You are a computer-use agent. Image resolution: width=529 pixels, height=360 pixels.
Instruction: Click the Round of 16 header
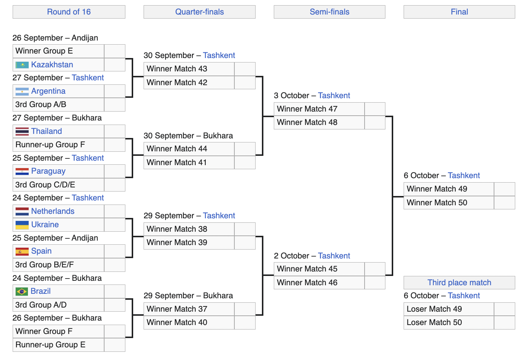click(69, 12)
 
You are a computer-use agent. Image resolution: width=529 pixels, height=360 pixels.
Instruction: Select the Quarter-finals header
click(199, 12)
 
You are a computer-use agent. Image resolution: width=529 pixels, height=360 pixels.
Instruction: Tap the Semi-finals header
click(330, 12)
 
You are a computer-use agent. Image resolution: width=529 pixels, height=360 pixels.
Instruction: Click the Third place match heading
click(459, 282)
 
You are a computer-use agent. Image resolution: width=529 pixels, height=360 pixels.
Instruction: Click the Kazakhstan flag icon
click(22, 65)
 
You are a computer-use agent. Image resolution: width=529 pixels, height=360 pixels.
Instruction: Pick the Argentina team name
click(48, 91)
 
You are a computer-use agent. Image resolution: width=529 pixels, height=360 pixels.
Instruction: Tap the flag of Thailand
click(22, 131)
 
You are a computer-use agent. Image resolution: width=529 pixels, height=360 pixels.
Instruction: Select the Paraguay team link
click(48, 171)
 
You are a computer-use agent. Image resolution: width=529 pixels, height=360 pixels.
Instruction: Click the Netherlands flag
click(22, 211)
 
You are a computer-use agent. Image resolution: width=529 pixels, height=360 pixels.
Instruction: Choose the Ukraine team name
click(45, 225)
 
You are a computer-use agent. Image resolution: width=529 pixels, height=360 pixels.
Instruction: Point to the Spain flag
click(22, 251)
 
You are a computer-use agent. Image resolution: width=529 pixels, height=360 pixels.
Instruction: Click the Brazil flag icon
click(22, 291)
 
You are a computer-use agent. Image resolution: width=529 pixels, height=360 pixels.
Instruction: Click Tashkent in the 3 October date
click(334, 95)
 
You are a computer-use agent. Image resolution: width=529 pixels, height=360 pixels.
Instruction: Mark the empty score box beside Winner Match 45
click(375, 269)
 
